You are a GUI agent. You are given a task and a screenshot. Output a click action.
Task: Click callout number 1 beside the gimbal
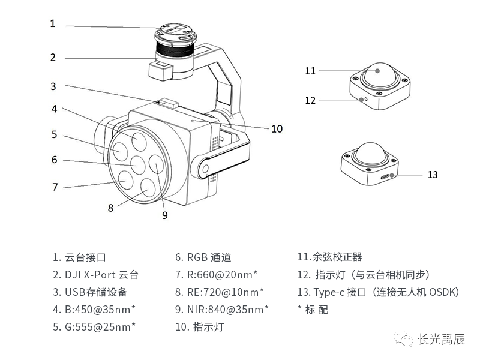(x=53, y=24)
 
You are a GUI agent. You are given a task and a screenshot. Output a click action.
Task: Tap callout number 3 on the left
(x=53, y=86)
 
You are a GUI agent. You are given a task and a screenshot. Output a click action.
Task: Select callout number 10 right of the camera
(x=276, y=128)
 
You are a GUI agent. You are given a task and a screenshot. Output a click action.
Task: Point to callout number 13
(x=433, y=175)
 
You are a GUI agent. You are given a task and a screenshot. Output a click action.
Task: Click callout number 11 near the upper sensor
(x=310, y=71)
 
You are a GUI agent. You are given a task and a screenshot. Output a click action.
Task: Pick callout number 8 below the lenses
(x=111, y=208)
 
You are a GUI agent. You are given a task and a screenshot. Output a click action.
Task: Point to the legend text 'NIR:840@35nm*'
(x=222, y=310)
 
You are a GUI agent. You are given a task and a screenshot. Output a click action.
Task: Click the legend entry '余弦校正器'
(x=330, y=257)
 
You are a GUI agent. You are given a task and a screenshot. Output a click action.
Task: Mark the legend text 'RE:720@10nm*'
(x=220, y=292)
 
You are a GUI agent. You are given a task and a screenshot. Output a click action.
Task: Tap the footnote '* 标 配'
(x=313, y=310)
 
